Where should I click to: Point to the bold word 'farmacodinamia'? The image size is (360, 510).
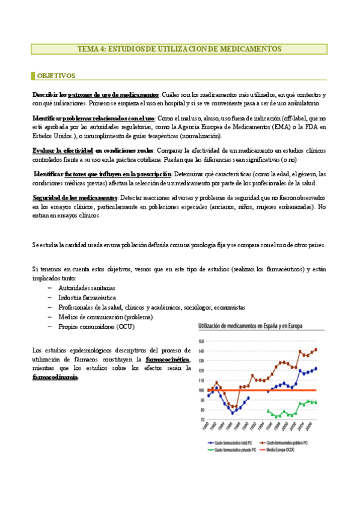[55, 377]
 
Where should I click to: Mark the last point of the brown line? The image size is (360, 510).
[316, 349]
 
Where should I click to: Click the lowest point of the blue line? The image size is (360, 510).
[233, 413]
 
